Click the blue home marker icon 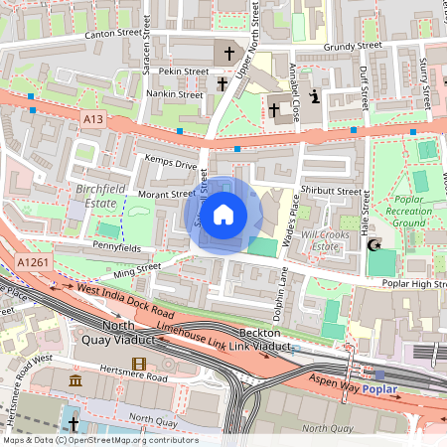coord(223,214)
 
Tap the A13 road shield coord(93,119)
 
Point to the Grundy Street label coord(356,46)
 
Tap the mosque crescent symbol coord(375,244)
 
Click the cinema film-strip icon coord(138,365)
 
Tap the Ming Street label coord(138,267)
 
